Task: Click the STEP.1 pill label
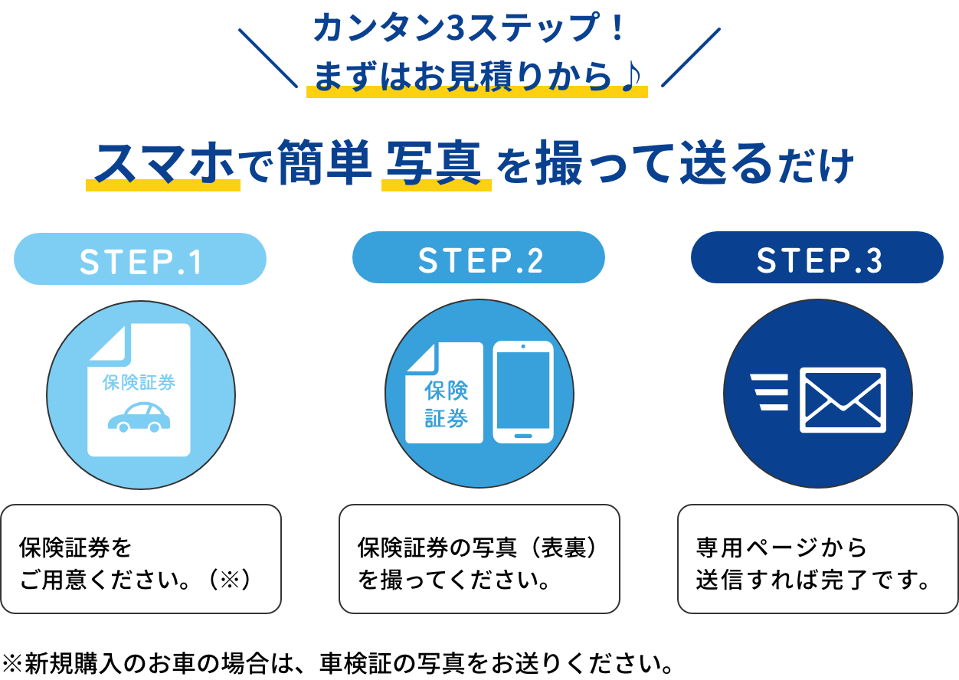tap(140, 261)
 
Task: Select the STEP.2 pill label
tap(479, 260)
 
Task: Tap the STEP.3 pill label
tap(818, 260)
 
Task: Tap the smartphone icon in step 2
tap(522, 392)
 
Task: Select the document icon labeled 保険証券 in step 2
tap(444, 393)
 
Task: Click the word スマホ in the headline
tap(163, 163)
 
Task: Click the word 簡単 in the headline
tap(324, 163)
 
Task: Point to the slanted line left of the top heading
tap(267, 58)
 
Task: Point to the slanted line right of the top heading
tap(690, 58)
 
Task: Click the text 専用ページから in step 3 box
tap(782, 548)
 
